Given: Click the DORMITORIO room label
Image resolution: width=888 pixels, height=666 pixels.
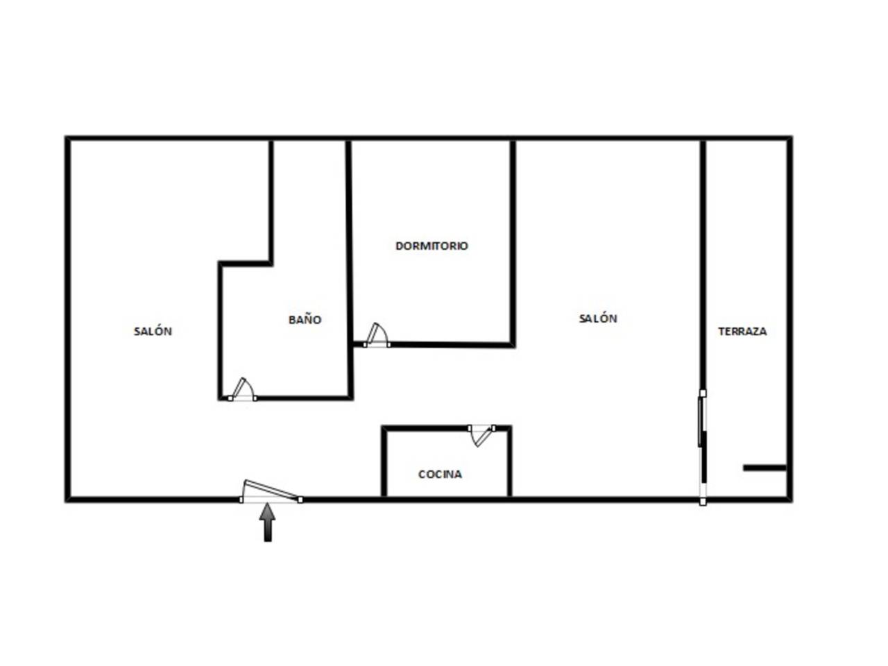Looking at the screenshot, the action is [432, 246].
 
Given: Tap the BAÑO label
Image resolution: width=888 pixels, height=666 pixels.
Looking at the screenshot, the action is [305, 319].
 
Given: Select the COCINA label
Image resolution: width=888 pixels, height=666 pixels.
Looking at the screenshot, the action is [440, 474].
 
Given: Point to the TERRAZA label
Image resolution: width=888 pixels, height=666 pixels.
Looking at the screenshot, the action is [742, 331].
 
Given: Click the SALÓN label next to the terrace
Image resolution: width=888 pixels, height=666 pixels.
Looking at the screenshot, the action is [597, 318].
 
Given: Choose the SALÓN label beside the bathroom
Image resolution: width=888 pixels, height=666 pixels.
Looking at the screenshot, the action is [153, 331].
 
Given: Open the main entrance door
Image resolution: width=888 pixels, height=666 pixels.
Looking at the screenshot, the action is [271, 490].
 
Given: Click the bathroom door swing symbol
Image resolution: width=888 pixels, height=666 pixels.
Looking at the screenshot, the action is [242, 389].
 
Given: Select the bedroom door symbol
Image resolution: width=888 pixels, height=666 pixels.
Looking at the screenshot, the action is [376, 335].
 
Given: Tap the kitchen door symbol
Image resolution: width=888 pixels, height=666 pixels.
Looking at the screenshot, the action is [481, 436].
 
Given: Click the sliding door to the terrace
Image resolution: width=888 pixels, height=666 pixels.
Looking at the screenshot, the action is [703, 447].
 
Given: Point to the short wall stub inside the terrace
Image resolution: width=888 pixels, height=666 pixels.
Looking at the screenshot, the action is [765, 468].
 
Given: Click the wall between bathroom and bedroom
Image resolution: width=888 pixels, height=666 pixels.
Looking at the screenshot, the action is [349, 269].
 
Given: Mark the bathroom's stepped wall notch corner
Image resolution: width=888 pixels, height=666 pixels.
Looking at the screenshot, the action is [271, 264].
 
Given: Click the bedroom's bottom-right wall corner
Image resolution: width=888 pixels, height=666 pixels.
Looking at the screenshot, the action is [513, 345].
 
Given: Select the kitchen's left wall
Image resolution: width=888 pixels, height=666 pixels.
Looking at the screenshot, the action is [384, 461].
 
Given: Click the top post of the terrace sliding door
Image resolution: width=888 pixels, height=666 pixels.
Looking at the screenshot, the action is [703, 393].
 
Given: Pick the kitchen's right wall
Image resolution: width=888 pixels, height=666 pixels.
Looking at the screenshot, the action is [509, 461].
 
